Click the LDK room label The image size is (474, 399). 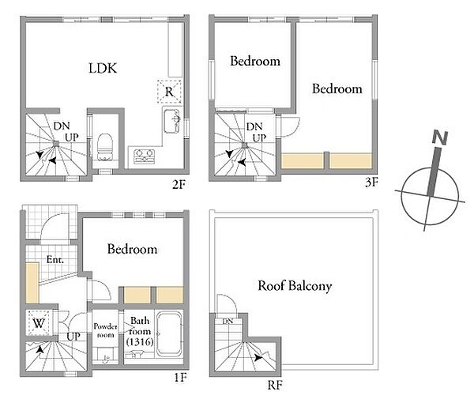click(x=103, y=68)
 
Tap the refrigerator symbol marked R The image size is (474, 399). click(x=169, y=92)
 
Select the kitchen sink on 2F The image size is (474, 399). click(x=172, y=121)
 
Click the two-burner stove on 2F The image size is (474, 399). click(x=145, y=156)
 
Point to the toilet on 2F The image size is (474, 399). click(x=105, y=147)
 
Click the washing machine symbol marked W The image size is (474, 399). click(x=39, y=323)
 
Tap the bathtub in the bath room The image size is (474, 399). click(x=169, y=333)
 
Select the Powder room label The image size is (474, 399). click(x=106, y=330)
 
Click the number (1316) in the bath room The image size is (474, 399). click(x=140, y=342)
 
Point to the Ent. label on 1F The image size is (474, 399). click(x=55, y=259)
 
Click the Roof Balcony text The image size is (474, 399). click(x=295, y=286)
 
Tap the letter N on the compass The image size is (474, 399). click(x=440, y=137)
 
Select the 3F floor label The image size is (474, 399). click(x=371, y=182)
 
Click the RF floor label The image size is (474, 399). click(x=275, y=385)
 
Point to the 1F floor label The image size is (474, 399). click(x=180, y=377)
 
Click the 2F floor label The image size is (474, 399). click(x=179, y=184)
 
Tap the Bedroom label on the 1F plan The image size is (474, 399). click(x=132, y=249)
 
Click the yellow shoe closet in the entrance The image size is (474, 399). click(x=32, y=283)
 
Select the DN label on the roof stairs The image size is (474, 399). click(x=228, y=321)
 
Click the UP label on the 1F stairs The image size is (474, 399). click(x=73, y=336)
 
